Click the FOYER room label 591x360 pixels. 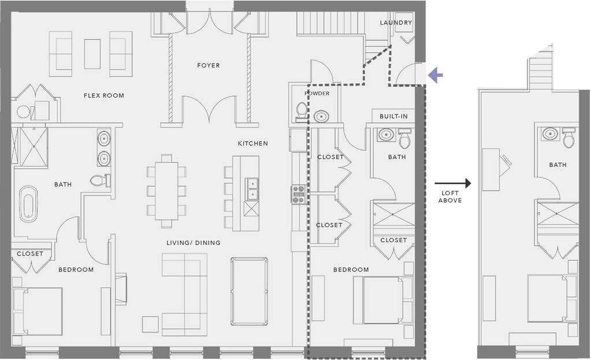click(x=209, y=66)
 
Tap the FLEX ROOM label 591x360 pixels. click(x=104, y=96)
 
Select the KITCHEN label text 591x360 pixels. click(x=253, y=144)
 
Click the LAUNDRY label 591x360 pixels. click(x=396, y=23)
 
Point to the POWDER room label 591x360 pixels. click(x=317, y=94)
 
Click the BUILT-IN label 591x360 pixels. click(x=393, y=117)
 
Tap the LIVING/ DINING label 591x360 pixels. click(x=194, y=243)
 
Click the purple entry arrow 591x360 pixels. click(x=436, y=75)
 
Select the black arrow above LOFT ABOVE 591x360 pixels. click(x=453, y=184)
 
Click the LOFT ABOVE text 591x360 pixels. click(x=450, y=197)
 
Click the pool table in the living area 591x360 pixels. click(x=249, y=291)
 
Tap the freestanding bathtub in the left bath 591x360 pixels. click(x=28, y=204)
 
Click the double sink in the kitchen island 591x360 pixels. click(x=251, y=189)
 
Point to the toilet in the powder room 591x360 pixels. click(x=301, y=112)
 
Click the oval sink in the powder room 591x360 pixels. click(x=321, y=116)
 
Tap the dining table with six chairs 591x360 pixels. click(x=166, y=191)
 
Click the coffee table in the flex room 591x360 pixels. click(x=92, y=54)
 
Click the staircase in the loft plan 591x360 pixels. click(x=541, y=74)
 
